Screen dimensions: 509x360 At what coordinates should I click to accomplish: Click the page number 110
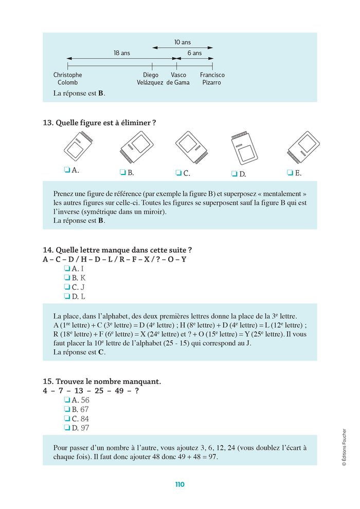tap(179, 484)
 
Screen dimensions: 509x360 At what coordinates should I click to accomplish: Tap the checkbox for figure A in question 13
tap(67, 169)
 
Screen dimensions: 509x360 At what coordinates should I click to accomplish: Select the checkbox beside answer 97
tap(67, 428)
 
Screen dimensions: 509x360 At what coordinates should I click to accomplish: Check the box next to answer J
tap(67, 287)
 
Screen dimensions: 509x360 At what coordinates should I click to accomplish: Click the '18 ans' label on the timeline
tap(122, 53)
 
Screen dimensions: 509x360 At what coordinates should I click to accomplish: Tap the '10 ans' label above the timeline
tap(182, 42)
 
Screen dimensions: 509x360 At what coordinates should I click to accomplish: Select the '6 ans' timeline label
tap(194, 53)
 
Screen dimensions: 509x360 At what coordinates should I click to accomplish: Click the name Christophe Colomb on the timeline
tap(67, 79)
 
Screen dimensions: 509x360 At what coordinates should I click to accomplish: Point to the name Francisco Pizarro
tap(212, 79)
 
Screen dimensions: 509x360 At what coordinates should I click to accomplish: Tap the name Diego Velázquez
tap(150, 79)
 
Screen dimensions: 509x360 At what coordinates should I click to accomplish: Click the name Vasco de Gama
tap(178, 79)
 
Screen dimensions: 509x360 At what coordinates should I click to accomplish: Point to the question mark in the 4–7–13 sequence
tap(136, 391)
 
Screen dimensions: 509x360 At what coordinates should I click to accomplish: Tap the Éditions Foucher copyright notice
tap(344, 447)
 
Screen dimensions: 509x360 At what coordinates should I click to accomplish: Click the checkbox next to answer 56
tap(67, 400)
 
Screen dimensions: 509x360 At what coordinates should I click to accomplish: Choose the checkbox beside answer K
tap(67, 278)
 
